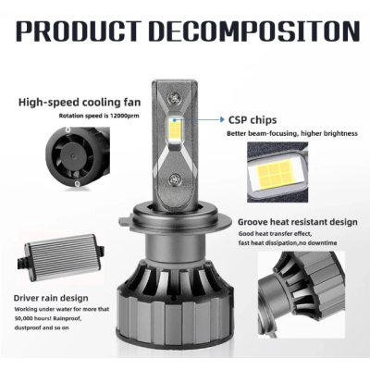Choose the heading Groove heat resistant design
pyautogui.click(x=295, y=223)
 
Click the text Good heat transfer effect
pyautogui.click(x=277, y=235)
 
